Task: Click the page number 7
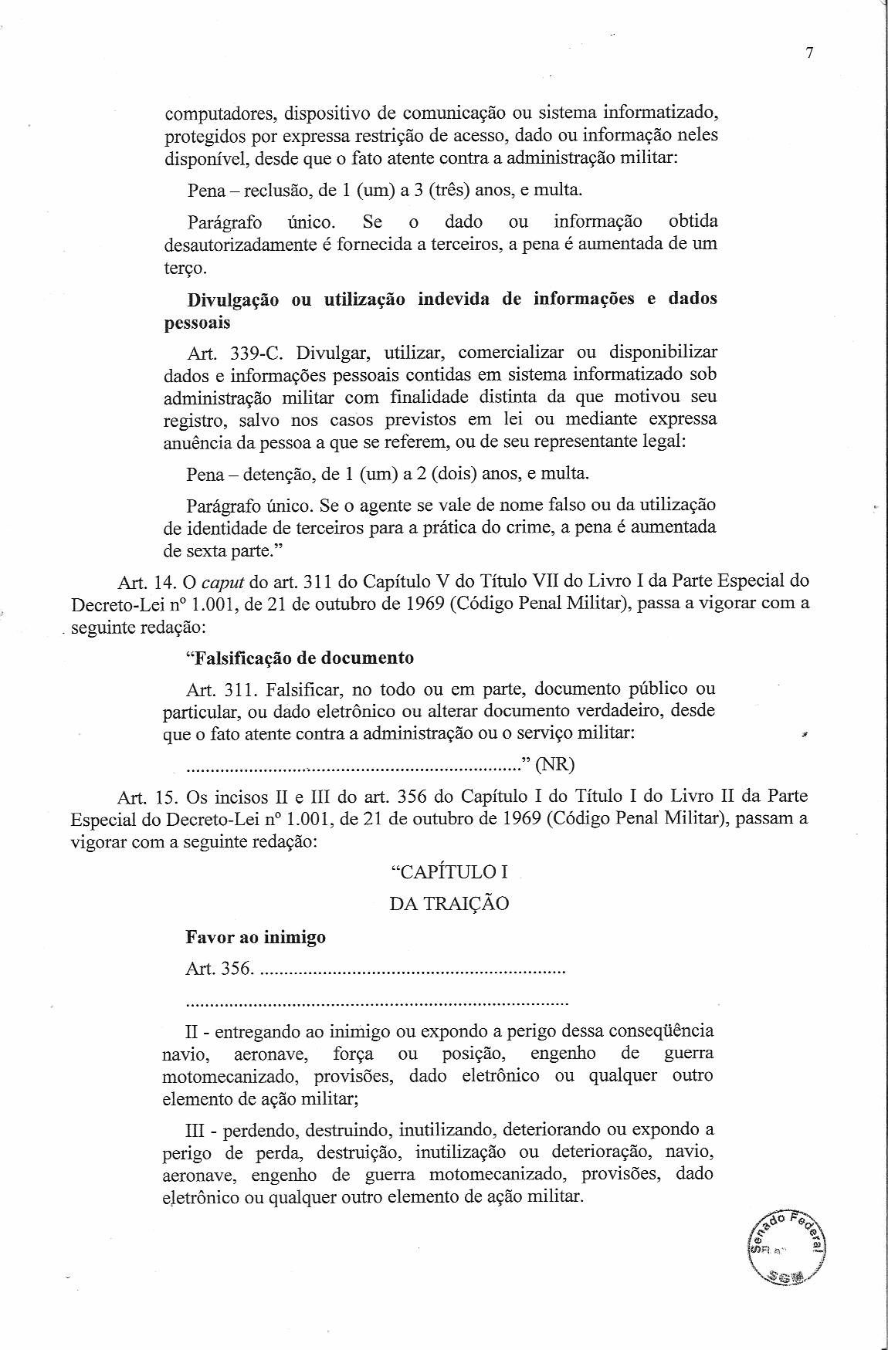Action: pos(809,53)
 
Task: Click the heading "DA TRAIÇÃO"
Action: pos(449,904)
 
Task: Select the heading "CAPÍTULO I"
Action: pos(449,872)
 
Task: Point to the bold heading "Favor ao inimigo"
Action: pos(256,937)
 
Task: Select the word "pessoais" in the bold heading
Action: pos(197,322)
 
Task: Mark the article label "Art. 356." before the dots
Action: pos(219,969)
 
